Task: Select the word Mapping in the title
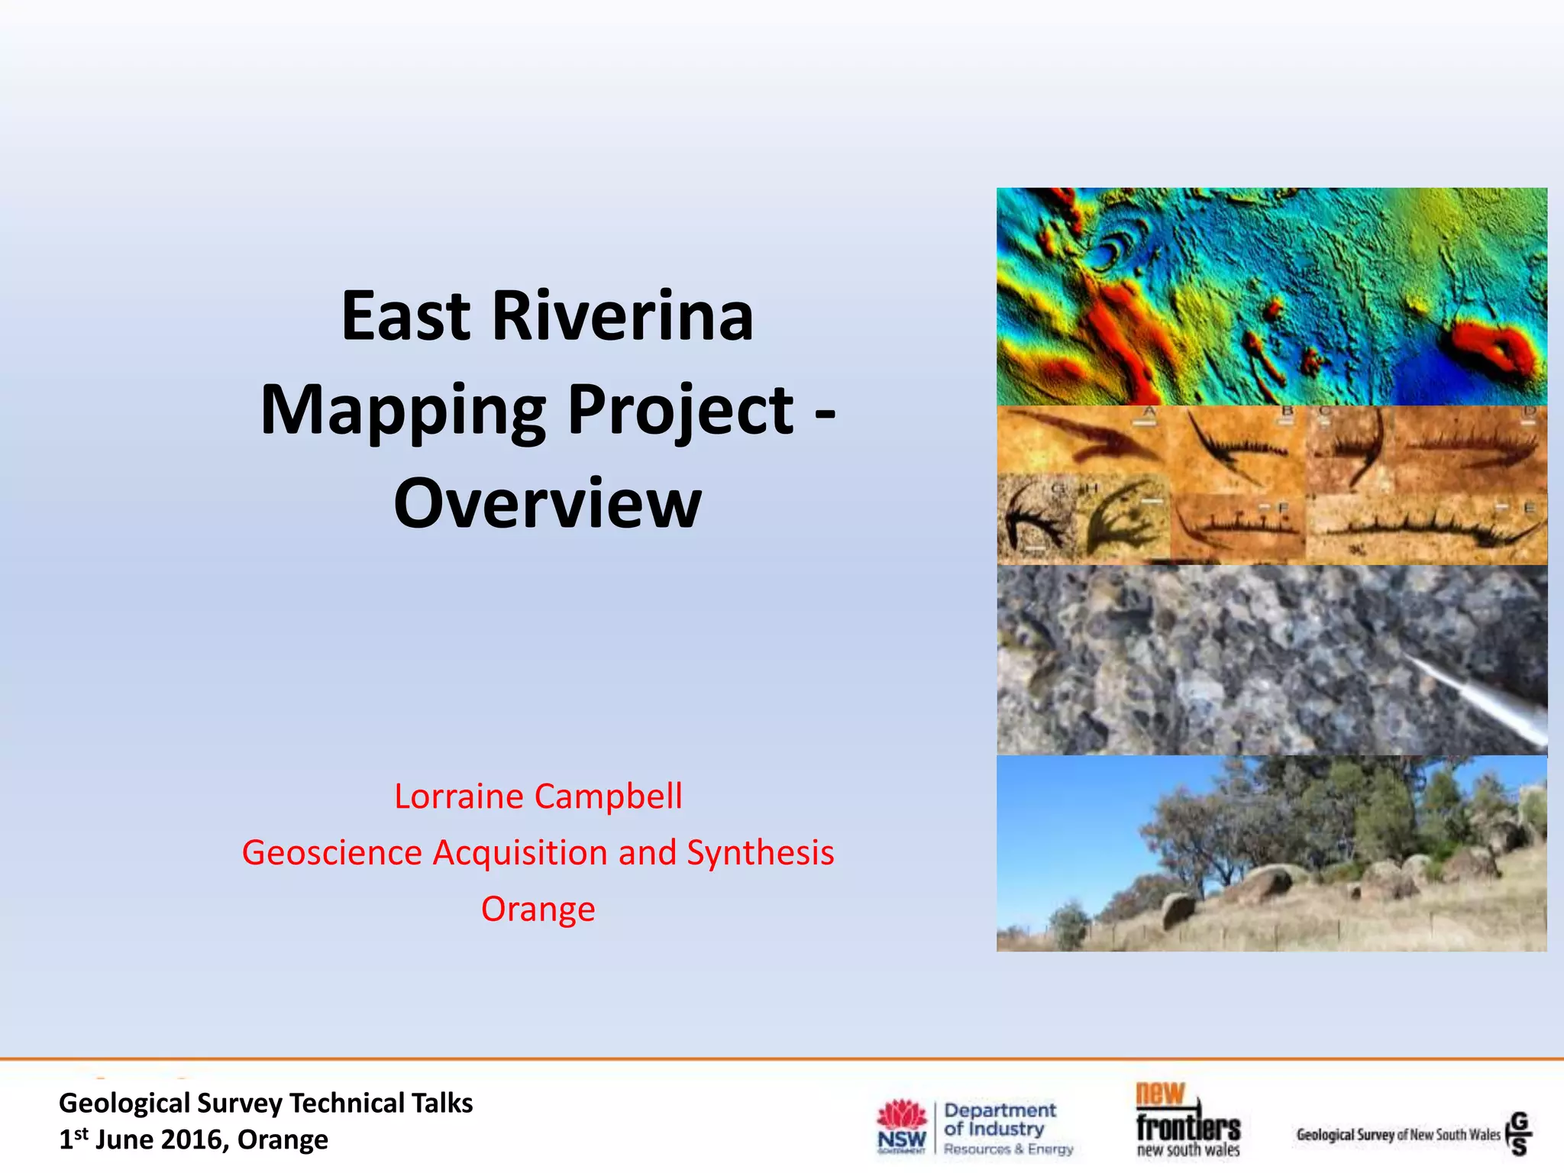[402, 411]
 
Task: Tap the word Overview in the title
[547, 504]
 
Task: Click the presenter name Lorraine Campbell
[538, 797]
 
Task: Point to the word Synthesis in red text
[760, 853]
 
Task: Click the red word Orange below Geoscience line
[538, 909]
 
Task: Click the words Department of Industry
[999, 1120]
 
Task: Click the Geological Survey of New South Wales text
[1398, 1135]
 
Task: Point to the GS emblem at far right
[1519, 1133]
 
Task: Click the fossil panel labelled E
[1427, 528]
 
